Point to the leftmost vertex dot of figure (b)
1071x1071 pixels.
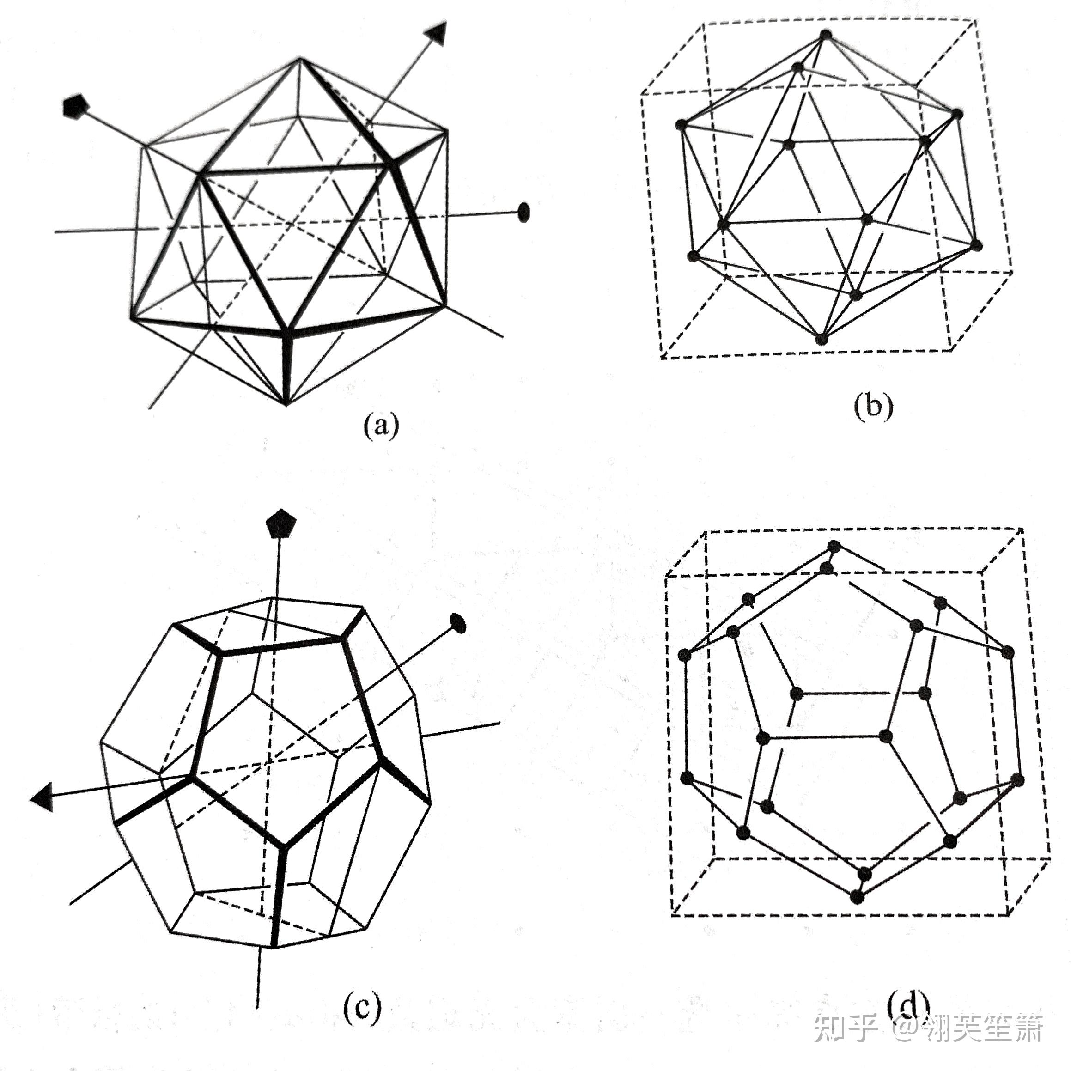click(682, 124)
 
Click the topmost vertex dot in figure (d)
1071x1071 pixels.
click(834, 547)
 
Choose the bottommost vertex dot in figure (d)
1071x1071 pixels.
click(857, 897)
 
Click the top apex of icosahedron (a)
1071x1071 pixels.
click(300, 58)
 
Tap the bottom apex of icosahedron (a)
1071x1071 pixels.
click(286, 403)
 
